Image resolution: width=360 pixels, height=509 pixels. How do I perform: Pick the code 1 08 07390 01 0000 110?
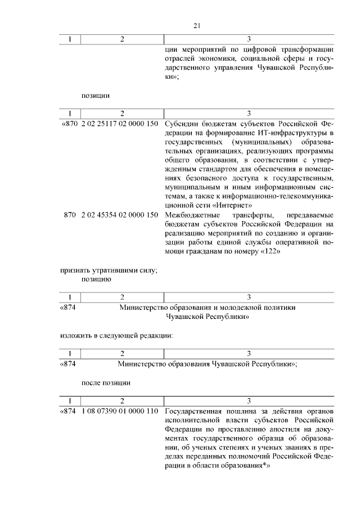pyautogui.click(x=119, y=412)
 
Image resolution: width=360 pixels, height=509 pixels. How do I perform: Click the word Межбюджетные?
pyautogui.click(x=190, y=215)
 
